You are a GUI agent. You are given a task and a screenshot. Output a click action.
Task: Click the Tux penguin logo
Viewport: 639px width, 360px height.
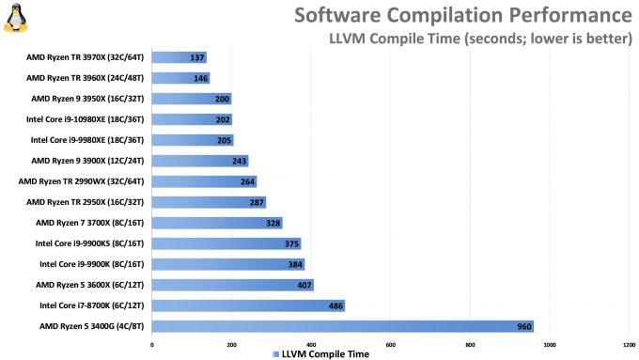[x=15, y=18]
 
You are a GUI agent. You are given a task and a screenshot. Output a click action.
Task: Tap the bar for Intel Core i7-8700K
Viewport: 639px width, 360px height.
[x=248, y=305]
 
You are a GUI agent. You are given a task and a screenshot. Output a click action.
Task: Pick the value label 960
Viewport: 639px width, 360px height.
[x=522, y=326]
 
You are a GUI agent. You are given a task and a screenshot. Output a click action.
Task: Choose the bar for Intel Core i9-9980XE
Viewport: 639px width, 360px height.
[x=193, y=140]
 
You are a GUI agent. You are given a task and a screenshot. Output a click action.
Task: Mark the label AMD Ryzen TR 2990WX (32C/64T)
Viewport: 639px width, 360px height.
[x=84, y=181]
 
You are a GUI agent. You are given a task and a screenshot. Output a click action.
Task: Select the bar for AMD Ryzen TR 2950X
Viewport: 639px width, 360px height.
[x=209, y=202]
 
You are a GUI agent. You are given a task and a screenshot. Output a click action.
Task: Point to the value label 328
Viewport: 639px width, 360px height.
[x=272, y=223]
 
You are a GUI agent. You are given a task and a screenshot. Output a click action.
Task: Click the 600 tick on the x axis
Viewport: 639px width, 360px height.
[x=390, y=344]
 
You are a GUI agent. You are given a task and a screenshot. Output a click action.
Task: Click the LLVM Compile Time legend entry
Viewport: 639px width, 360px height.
[x=320, y=354]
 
